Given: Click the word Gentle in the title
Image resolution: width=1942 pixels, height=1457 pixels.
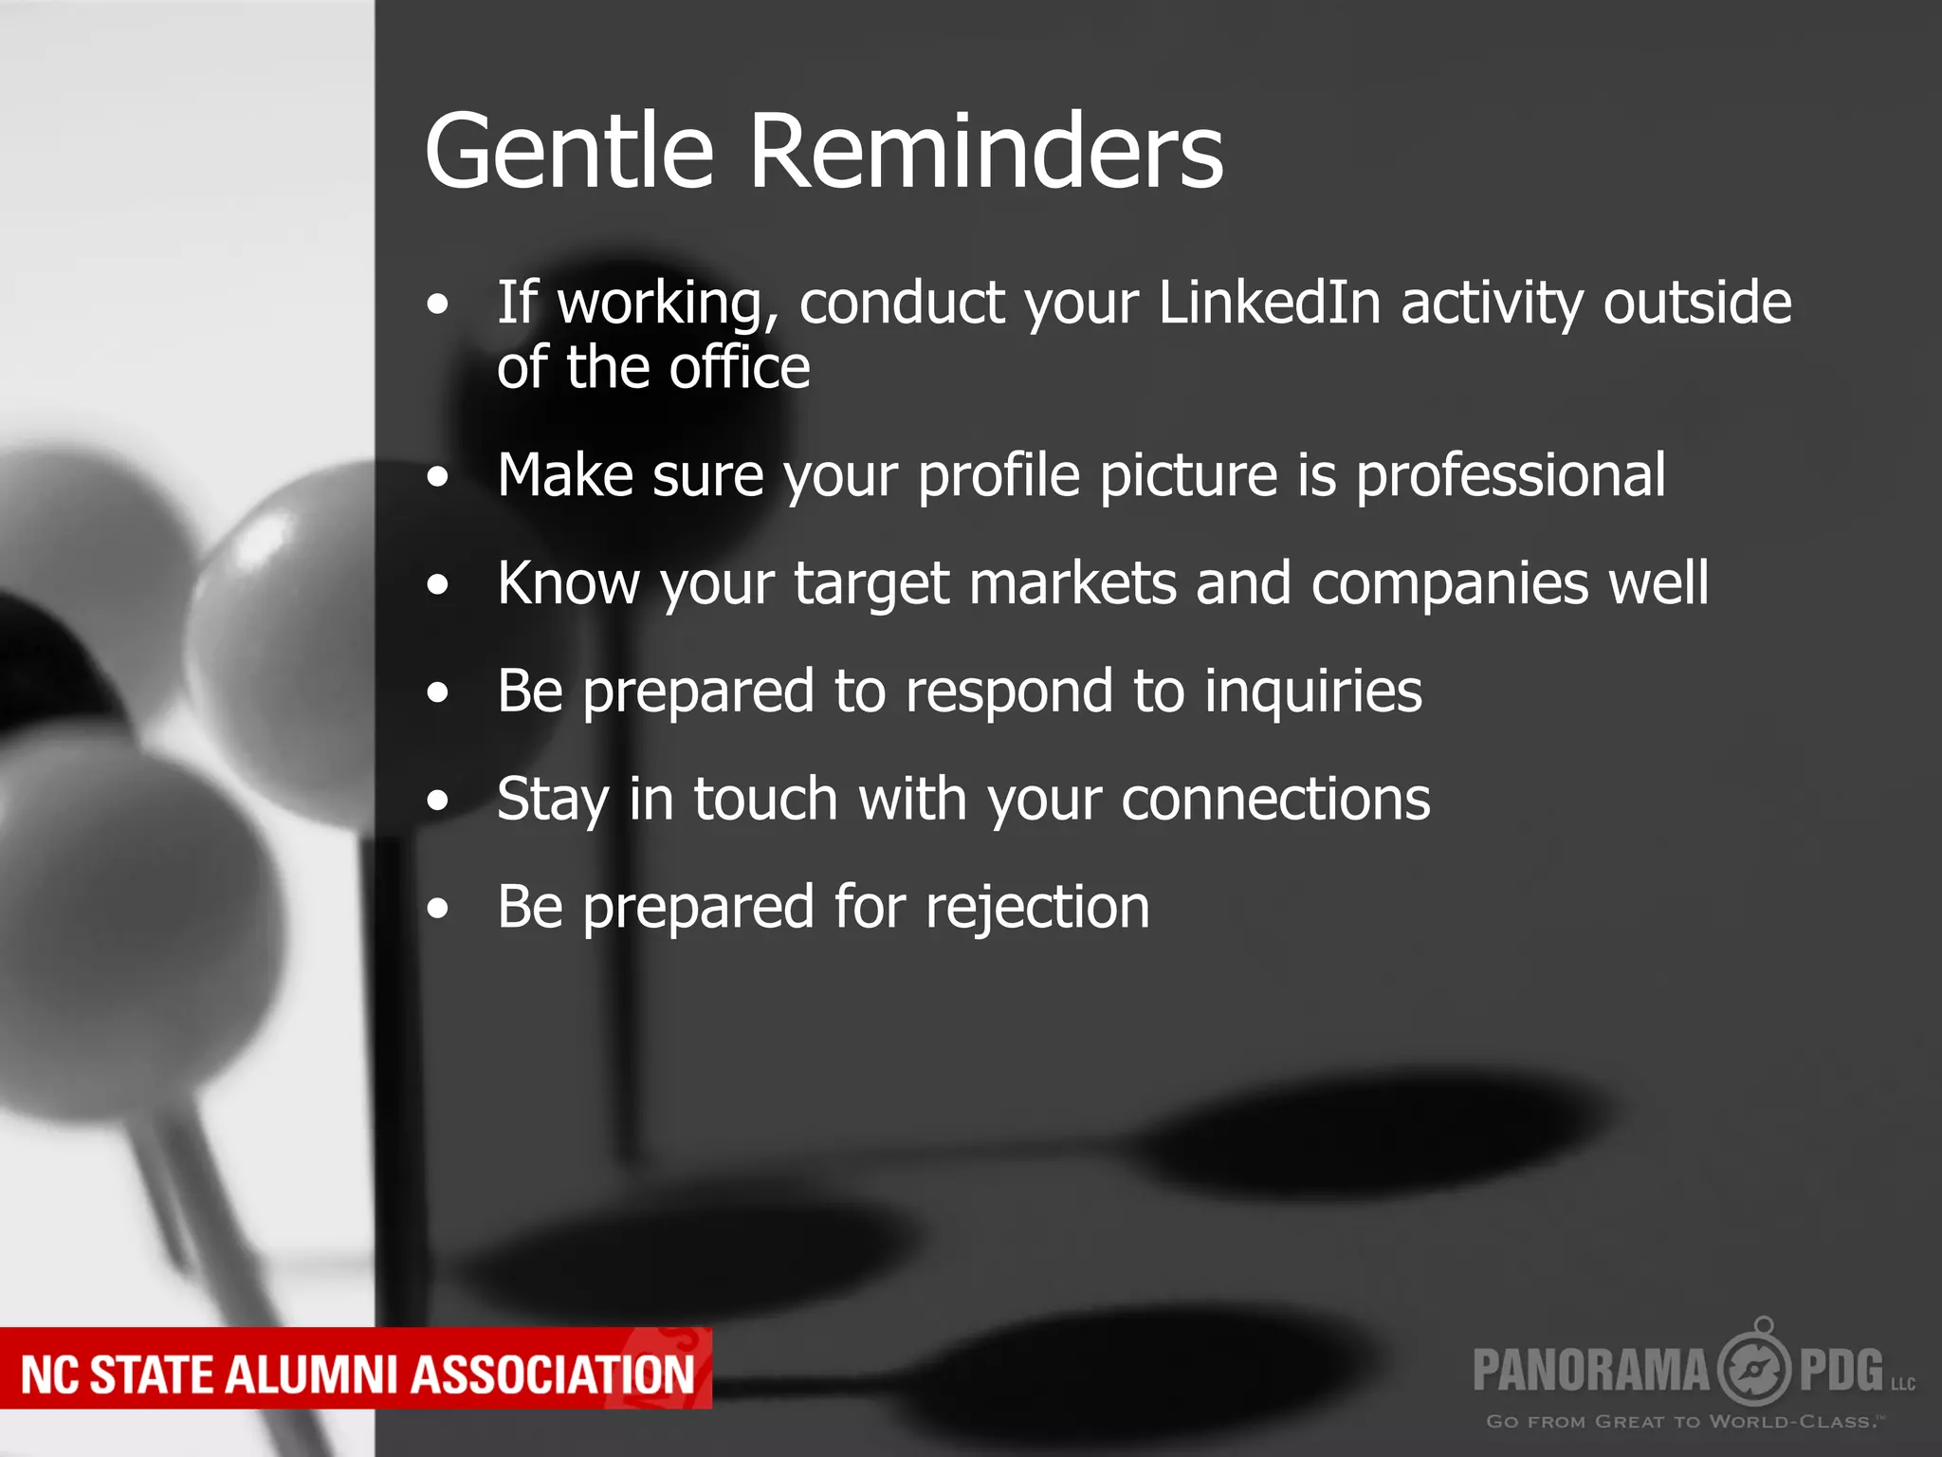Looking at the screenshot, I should [x=569, y=152].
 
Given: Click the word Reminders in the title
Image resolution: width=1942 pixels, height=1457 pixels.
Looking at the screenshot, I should [x=986, y=152].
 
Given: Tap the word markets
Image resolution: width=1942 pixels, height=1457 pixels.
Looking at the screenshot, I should [x=1072, y=583].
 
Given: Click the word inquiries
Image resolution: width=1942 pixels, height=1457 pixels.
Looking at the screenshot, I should [x=1313, y=691].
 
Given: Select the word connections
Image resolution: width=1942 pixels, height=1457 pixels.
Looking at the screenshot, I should [x=1275, y=799].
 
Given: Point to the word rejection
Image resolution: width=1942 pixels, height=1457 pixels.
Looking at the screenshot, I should [x=1037, y=908].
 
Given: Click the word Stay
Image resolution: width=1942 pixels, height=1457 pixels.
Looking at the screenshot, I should [x=553, y=801].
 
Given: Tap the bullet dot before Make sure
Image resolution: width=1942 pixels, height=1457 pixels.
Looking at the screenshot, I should [x=437, y=477].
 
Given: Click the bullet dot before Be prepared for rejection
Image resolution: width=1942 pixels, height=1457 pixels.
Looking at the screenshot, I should [x=437, y=909].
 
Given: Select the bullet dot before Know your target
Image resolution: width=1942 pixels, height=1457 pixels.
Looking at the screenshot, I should [x=437, y=584].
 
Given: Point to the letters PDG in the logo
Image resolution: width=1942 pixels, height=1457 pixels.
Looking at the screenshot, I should [x=1841, y=1370].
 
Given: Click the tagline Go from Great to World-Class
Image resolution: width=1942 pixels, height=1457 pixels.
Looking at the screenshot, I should [x=1683, y=1422].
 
